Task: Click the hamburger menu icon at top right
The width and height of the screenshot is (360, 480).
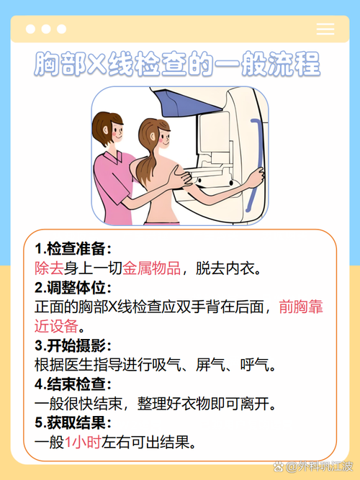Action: [325, 29]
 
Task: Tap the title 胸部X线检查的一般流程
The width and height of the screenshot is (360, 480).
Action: [177, 65]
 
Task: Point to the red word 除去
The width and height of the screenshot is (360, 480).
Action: [49, 268]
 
